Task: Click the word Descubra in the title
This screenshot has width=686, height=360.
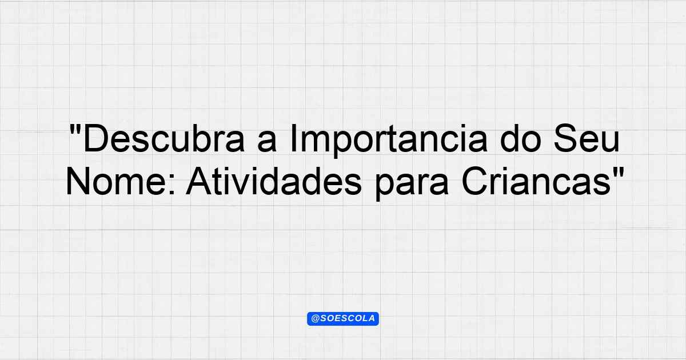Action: pyautogui.click(x=164, y=138)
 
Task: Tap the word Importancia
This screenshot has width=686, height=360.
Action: pyautogui.click(x=388, y=141)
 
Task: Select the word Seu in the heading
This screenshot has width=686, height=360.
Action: pyautogui.click(x=587, y=138)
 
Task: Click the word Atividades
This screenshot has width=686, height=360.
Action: pyautogui.click(x=274, y=181)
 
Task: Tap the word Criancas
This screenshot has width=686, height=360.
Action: pyautogui.click(x=536, y=181)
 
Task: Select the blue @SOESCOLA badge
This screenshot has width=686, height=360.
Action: pyautogui.click(x=343, y=318)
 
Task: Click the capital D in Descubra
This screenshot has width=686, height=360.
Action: pyautogui.click(x=95, y=138)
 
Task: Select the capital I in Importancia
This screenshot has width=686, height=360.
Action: pyautogui.click(x=292, y=138)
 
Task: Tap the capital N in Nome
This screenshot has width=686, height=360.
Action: pyautogui.click(x=78, y=181)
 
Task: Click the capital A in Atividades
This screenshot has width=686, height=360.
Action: pyautogui.click(x=199, y=181)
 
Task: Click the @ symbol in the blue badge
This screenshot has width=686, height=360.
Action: pyautogui.click(x=316, y=319)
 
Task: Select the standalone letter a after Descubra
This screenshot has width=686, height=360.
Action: pyautogui.click(x=267, y=142)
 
